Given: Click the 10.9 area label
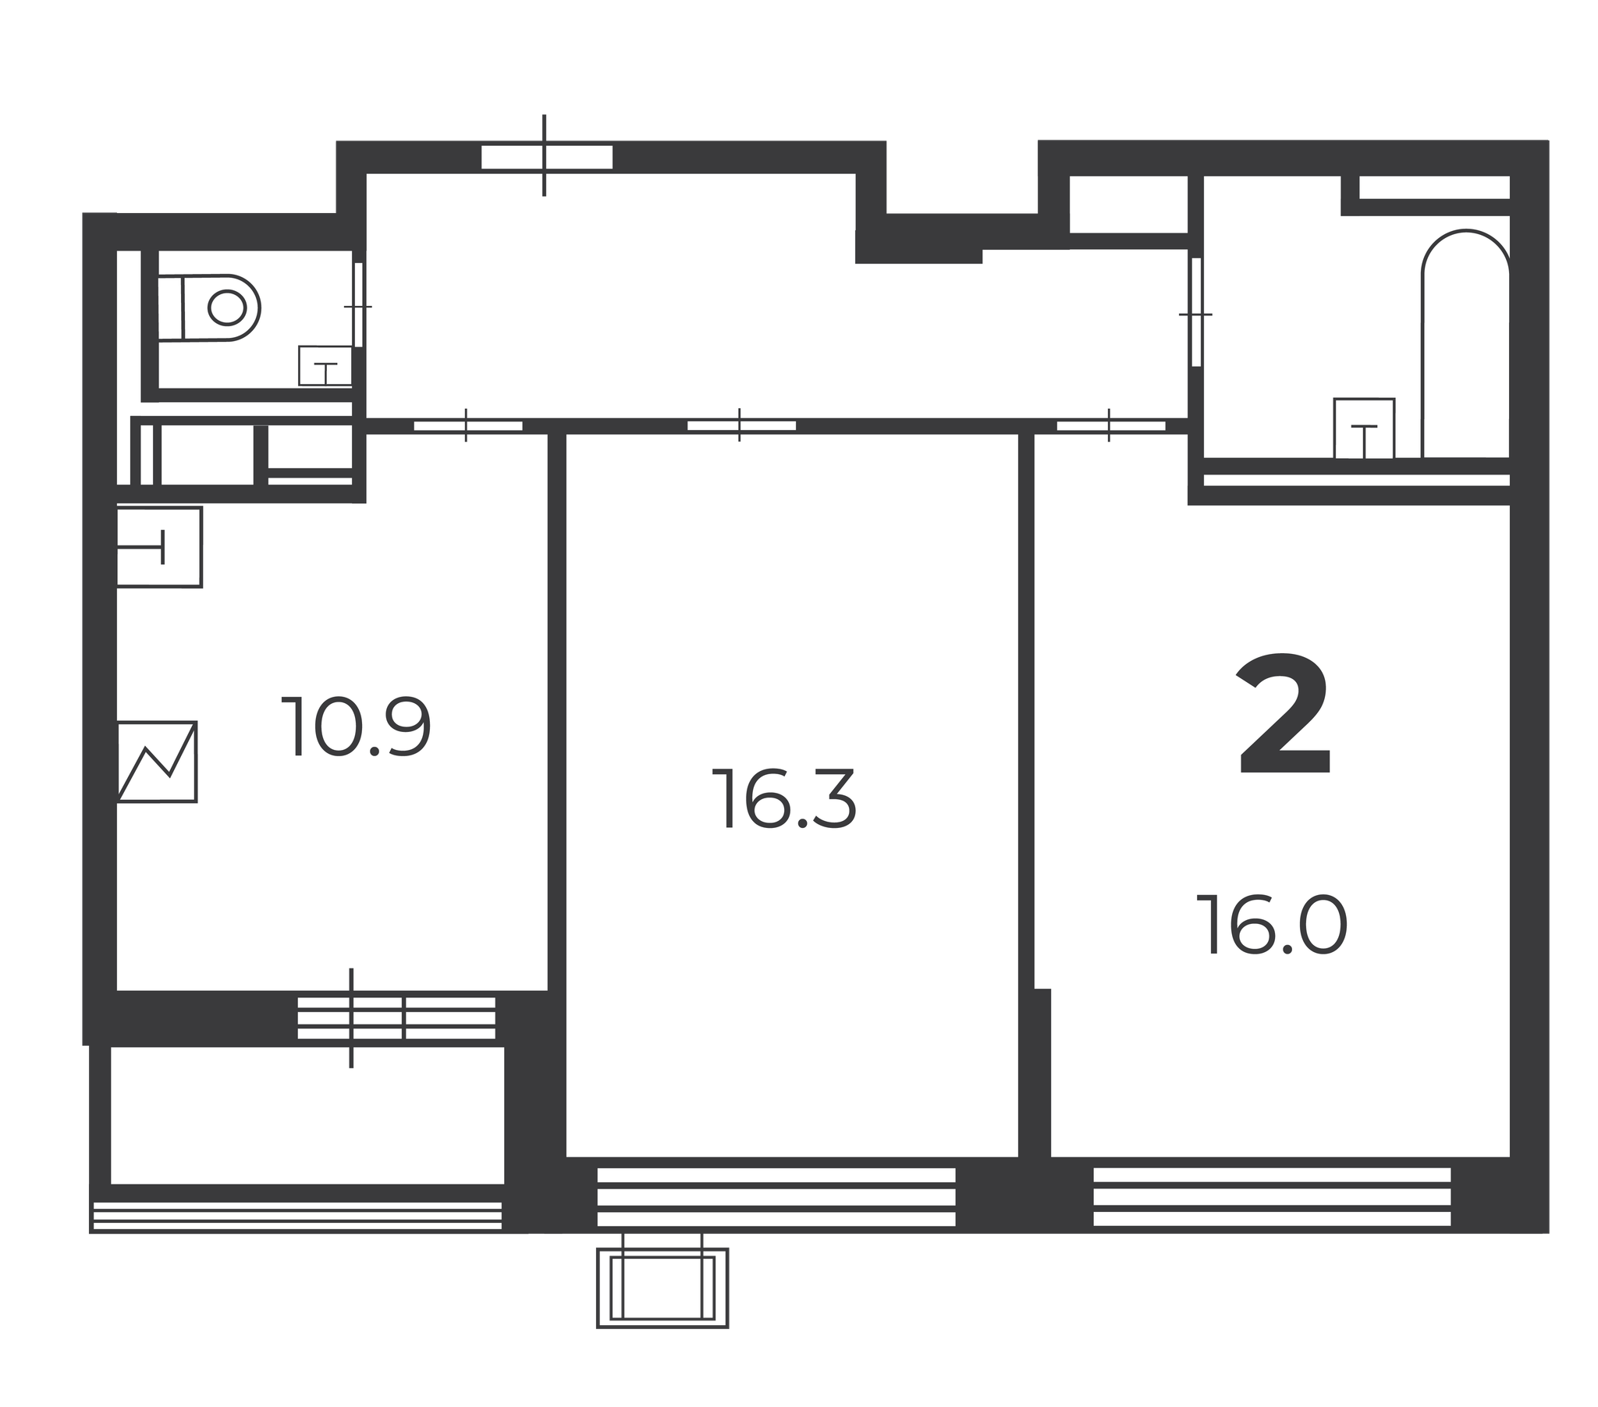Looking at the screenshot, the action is [x=356, y=727].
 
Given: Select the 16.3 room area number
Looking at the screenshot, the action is [x=784, y=798].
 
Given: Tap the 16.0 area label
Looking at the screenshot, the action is [x=1272, y=926].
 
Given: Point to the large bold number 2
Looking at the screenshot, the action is [x=1284, y=716].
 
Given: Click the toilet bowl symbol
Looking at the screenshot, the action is [x=209, y=307].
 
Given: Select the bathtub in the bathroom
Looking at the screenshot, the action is [x=1466, y=344].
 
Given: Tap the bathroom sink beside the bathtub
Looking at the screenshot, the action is [x=1364, y=428].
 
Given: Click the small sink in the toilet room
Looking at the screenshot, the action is [x=325, y=366].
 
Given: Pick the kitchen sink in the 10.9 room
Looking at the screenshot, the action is [x=159, y=547].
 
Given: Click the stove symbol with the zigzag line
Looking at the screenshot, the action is [x=157, y=762].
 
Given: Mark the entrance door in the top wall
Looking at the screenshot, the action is [x=546, y=157].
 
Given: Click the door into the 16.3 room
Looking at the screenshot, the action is [x=741, y=425].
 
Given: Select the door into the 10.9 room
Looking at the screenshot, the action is [x=467, y=425].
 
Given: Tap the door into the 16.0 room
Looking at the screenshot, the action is [x=1111, y=425].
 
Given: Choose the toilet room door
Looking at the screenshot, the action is [x=358, y=305].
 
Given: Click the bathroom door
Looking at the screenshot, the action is [x=1195, y=312].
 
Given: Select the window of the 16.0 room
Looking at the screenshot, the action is [x=1272, y=1196].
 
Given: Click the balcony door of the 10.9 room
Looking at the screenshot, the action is [x=396, y=1018].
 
